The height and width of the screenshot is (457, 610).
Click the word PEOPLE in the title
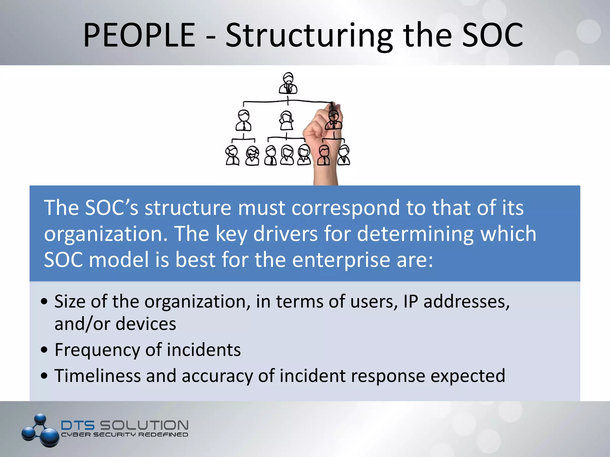coord(139,35)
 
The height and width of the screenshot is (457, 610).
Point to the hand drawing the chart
coord(322,143)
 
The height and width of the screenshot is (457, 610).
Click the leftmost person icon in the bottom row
coord(232,155)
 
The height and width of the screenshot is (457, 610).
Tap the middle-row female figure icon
coord(287,120)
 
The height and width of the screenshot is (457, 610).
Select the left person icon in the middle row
coord(244,120)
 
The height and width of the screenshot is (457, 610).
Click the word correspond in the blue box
coord(346,208)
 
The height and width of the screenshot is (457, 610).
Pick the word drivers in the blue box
coord(285,234)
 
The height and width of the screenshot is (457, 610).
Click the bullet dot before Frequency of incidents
coord(44,350)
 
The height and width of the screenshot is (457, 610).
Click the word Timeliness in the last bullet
coord(97,375)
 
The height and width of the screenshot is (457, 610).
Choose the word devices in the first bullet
coord(146,324)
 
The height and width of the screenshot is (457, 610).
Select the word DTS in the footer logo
coord(78,425)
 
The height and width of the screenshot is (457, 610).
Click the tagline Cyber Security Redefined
coord(125,435)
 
